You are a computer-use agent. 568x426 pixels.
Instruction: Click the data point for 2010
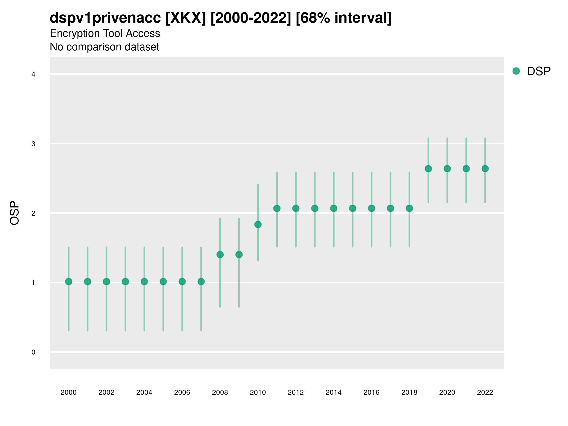tap(258, 224)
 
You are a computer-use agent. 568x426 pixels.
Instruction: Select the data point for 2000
tap(69, 282)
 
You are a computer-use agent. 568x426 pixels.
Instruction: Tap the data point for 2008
tap(220, 255)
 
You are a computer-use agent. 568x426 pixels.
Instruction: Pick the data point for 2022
tap(485, 169)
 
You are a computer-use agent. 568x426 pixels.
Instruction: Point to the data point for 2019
tap(428, 169)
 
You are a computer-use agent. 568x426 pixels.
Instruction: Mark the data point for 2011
tap(277, 208)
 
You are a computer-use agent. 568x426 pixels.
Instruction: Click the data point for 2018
tap(409, 208)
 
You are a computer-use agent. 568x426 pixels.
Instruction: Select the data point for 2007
tap(201, 282)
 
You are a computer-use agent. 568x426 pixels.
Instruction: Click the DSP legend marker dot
tap(516, 71)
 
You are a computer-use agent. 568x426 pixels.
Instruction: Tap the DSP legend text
tap(539, 71)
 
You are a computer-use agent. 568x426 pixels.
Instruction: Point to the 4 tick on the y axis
tap(33, 75)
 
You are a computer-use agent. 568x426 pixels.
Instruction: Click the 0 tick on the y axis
tap(33, 352)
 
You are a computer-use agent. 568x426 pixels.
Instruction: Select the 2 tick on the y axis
tap(33, 213)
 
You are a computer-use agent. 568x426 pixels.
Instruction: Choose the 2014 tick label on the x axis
tap(333, 392)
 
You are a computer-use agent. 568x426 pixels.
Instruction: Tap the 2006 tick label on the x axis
tap(182, 392)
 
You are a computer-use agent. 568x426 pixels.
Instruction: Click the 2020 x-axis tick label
tap(447, 392)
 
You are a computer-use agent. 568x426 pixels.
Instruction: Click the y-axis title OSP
tap(15, 213)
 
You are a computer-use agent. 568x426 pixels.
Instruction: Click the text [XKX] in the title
tap(186, 18)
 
